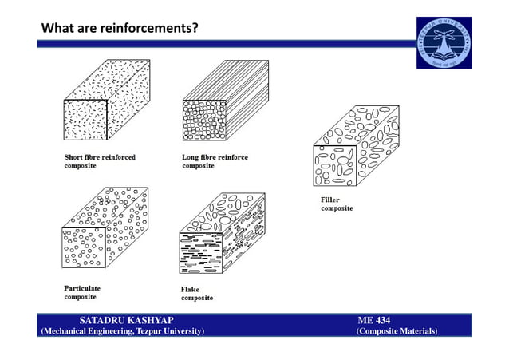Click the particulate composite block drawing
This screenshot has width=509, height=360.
click(104, 231)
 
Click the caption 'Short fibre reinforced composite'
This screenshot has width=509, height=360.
click(100, 162)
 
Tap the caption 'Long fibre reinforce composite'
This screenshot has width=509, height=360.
click(215, 162)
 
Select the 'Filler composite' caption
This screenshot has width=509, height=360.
click(336, 204)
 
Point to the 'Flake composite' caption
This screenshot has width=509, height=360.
click(197, 293)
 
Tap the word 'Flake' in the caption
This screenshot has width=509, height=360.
click(191, 289)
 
